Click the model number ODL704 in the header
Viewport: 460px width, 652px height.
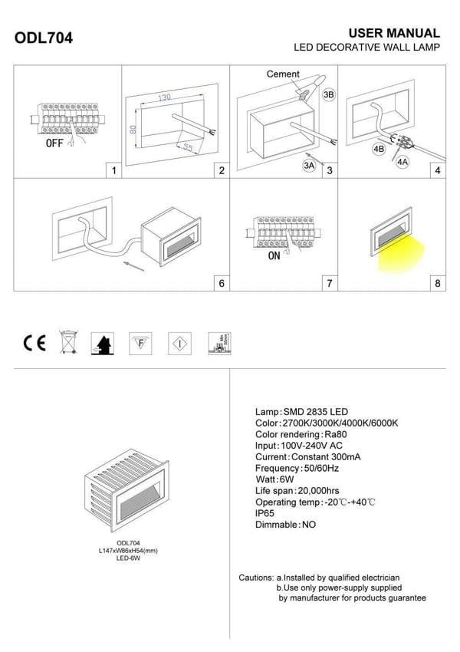[x=44, y=38]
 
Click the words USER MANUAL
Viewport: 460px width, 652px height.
[x=394, y=34]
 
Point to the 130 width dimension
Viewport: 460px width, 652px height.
[x=165, y=98]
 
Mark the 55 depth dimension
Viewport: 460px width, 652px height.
[x=188, y=147]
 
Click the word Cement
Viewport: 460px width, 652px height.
[x=283, y=74]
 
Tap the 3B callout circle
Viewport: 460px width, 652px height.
[x=329, y=95]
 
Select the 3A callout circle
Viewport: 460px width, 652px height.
[x=310, y=165]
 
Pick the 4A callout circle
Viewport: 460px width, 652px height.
[x=402, y=162]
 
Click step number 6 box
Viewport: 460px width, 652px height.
[x=221, y=283]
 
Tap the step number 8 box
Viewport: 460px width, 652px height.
[x=437, y=283]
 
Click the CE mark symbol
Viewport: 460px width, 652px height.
[x=34, y=343]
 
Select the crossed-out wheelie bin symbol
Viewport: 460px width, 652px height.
[x=69, y=343]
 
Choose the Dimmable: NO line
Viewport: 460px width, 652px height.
[x=285, y=525]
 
